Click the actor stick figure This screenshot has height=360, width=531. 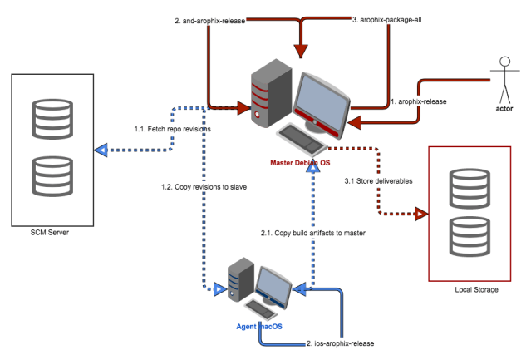pyautogui.click(x=503, y=77)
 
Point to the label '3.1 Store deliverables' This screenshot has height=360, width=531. pyautogui.click(x=379, y=180)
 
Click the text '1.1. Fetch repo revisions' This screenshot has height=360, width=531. pyautogui.click(x=172, y=130)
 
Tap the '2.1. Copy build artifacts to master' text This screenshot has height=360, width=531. pyautogui.click(x=313, y=234)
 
